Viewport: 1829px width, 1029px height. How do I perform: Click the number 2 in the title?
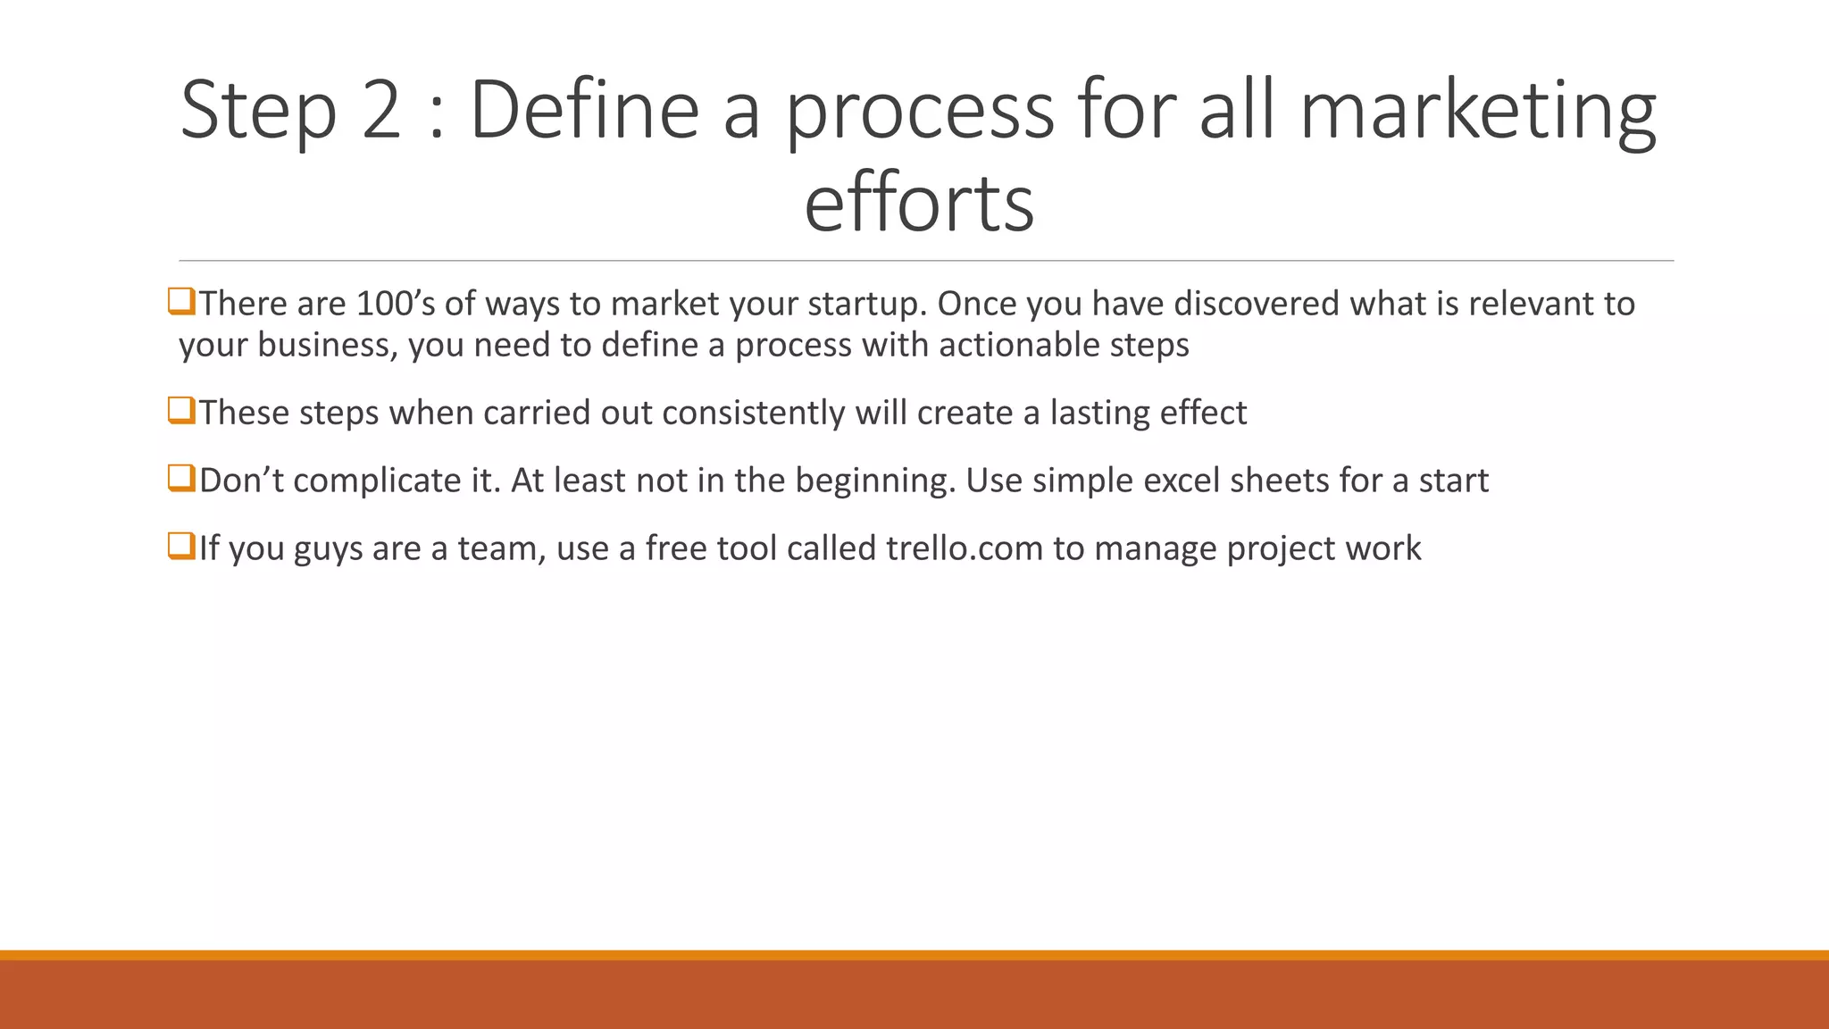click(x=381, y=110)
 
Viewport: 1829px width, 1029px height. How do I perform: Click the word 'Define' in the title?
click(x=584, y=110)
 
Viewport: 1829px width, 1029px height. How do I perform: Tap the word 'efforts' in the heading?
click(x=918, y=204)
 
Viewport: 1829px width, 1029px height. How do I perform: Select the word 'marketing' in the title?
click(x=1477, y=112)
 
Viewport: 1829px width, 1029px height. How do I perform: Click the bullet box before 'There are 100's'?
click(x=181, y=302)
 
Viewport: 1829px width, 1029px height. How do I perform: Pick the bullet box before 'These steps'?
click(x=181, y=411)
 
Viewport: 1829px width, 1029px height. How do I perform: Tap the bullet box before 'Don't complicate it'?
click(x=181, y=479)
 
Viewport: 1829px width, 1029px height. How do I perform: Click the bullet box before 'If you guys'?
click(x=181, y=546)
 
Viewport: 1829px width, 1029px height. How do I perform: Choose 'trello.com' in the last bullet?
click(x=964, y=548)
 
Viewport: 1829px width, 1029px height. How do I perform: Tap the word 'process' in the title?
click(x=920, y=112)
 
